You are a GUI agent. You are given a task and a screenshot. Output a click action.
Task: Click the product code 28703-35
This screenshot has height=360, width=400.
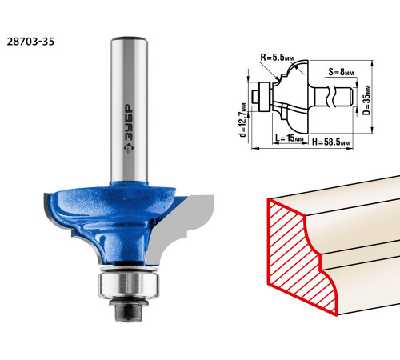pos(30,42)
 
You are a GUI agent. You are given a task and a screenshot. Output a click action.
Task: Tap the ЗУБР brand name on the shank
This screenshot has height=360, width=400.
pos(129,122)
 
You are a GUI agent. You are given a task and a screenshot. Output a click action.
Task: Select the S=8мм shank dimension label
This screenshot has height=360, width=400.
pos(341,72)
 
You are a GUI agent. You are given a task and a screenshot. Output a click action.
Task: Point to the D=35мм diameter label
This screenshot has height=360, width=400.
pos(367,100)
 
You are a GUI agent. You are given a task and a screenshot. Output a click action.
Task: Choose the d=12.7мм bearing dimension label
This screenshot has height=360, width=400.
pos(242,120)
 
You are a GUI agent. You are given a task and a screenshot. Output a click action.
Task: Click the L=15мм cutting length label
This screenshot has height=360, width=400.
pos(290,138)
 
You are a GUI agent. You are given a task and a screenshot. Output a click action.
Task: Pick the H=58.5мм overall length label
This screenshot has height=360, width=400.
pos(330,142)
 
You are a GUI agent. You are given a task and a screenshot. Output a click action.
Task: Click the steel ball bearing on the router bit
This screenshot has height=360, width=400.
pos(129,283)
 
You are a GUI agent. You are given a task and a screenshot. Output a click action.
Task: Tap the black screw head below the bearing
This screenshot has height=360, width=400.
pos(129,313)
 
